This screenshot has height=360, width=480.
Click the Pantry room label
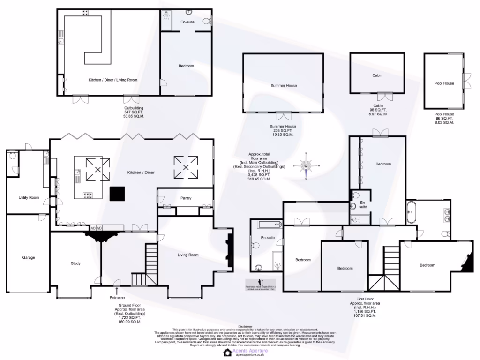[x=186, y=198]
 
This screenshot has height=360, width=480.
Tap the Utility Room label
[x=29, y=197]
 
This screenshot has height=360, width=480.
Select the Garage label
[x=29, y=257]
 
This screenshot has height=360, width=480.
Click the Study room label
[x=75, y=263]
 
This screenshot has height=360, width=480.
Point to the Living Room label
[x=187, y=255]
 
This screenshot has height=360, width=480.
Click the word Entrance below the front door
[x=117, y=298]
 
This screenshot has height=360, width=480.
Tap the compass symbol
[x=306, y=166]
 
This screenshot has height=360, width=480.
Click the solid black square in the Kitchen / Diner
[x=117, y=193]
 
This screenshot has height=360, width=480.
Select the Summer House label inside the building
[x=284, y=86]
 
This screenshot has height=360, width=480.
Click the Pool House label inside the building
[x=444, y=83]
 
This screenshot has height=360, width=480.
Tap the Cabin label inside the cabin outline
[x=377, y=75]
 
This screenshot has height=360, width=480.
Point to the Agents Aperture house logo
[x=228, y=352]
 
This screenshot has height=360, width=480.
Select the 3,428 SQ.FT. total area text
[x=259, y=175]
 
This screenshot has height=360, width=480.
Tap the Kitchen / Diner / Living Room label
[x=113, y=80]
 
